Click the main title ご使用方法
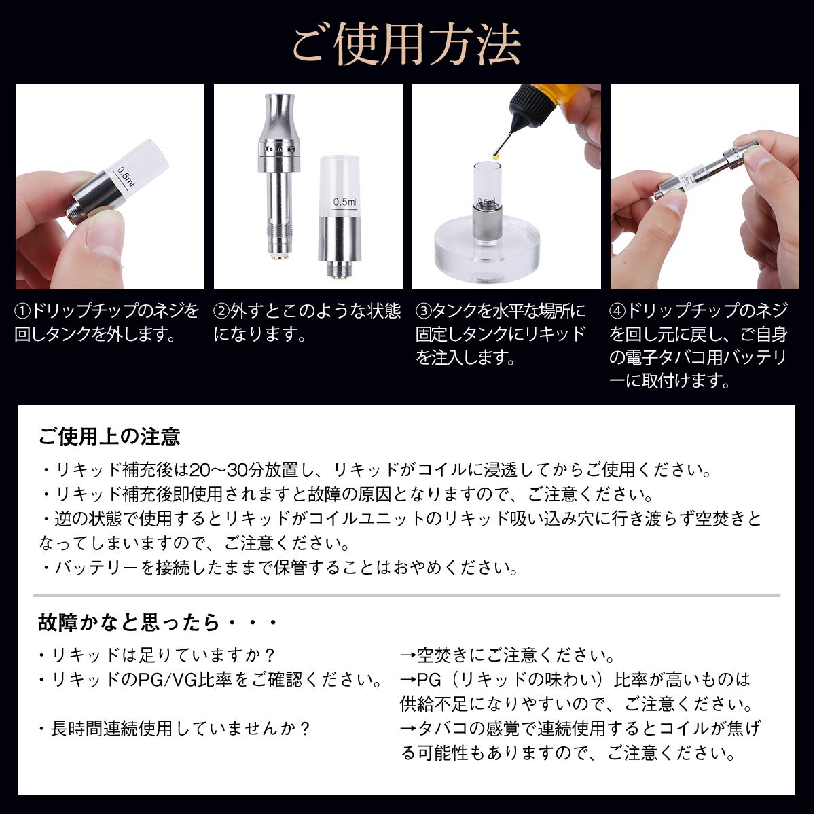pos(406,45)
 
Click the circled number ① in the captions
pos(23,312)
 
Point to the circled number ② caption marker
pos(221,312)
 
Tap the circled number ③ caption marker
pos(424,312)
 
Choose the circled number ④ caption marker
pos(617,312)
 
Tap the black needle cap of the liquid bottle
pos(526,112)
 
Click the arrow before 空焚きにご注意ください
pos(408,656)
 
